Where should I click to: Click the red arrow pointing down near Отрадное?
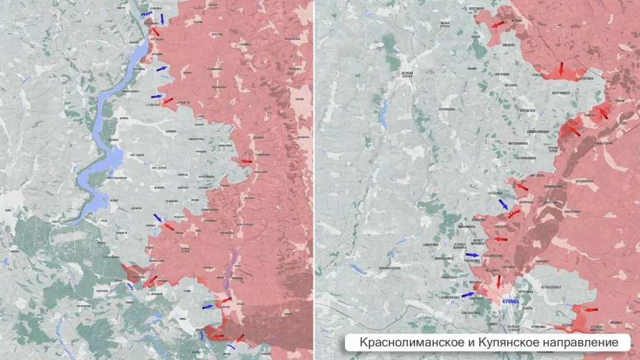click(561, 68)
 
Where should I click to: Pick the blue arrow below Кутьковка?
click(503, 204)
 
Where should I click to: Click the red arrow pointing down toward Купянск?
click(498, 281)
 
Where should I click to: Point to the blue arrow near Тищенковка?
click(472, 255)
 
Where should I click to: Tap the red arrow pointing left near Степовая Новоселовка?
click(590, 310)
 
